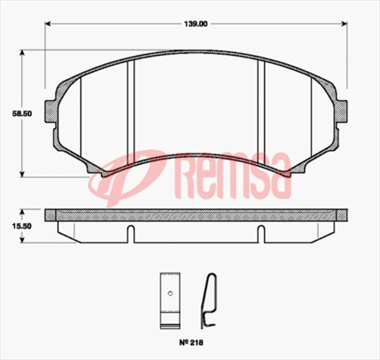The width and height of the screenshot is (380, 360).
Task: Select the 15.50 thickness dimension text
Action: click(11, 226)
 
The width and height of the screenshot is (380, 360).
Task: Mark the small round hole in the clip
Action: click(170, 293)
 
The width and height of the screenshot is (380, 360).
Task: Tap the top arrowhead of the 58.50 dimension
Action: click(22, 54)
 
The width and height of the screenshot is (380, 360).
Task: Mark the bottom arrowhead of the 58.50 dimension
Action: click(22, 173)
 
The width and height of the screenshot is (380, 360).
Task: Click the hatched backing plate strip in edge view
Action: click(196, 214)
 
